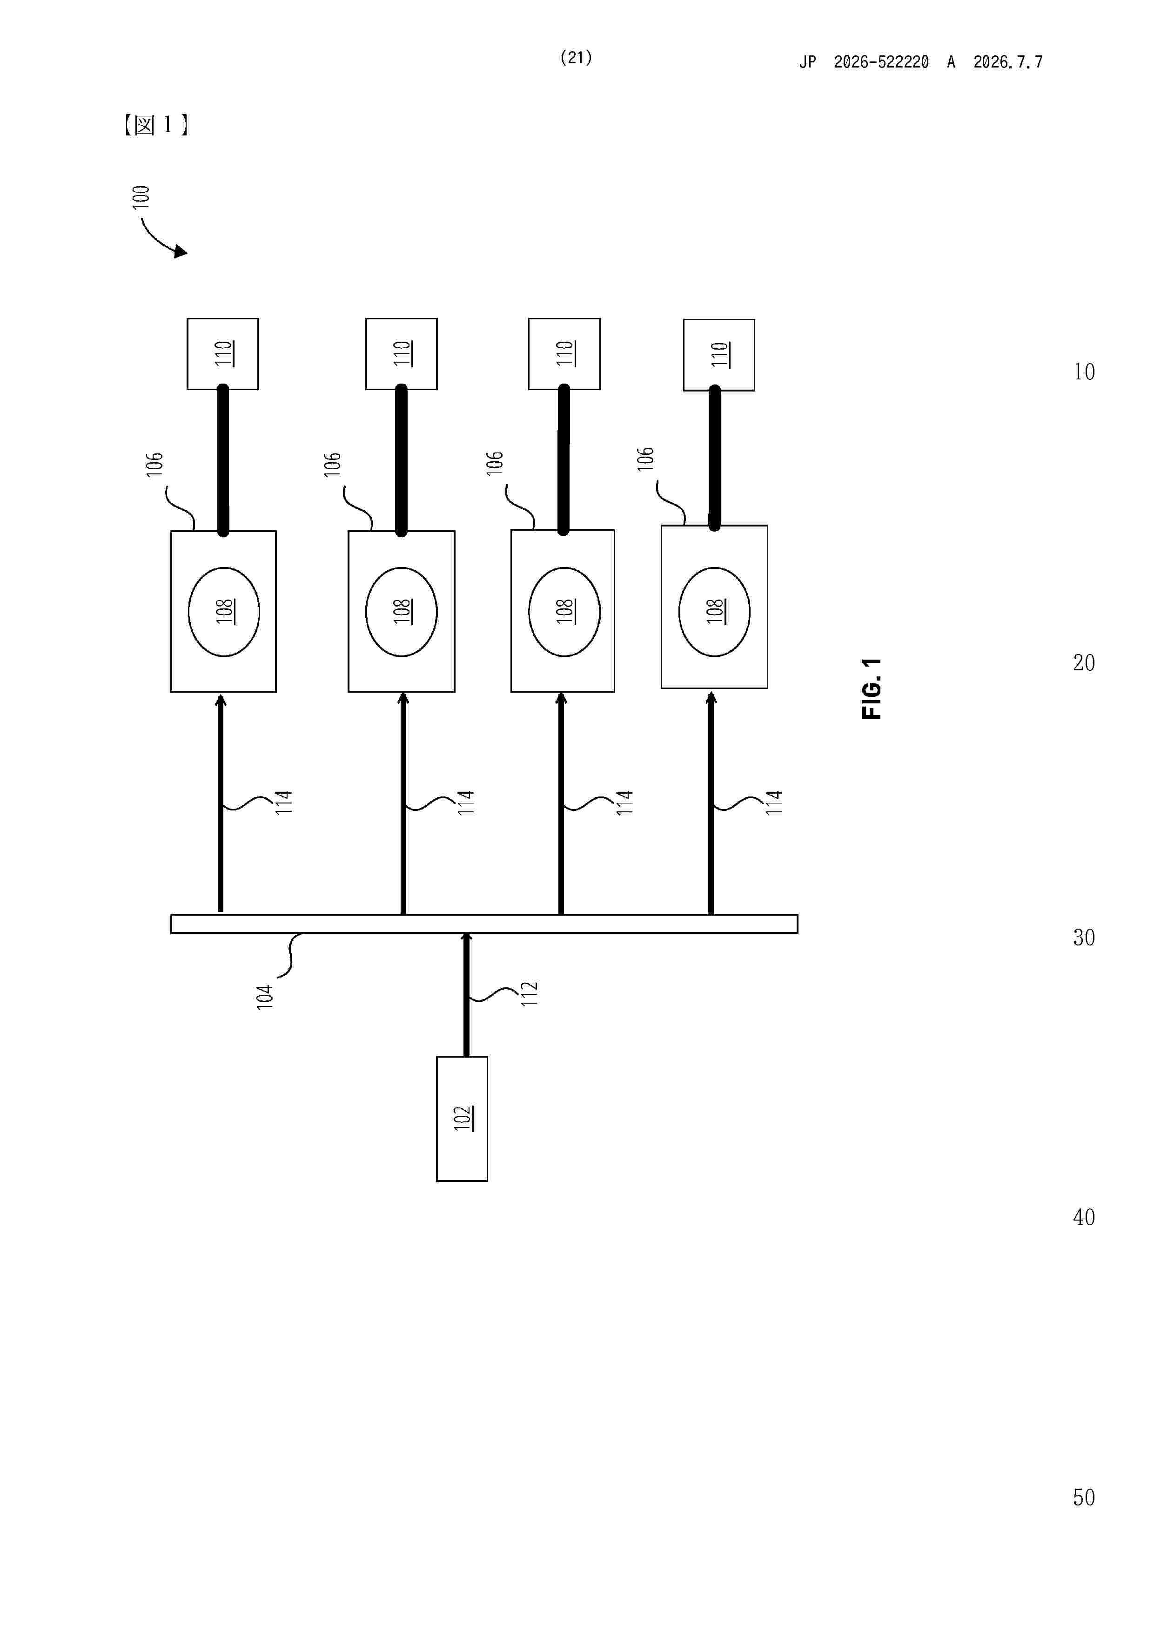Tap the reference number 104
[x=264, y=997]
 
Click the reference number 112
[x=530, y=993]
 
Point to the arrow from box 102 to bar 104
[x=466, y=994]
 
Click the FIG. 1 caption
[x=871, y=688]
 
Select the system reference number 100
[x=141, y=196]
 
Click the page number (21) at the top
[x=576, y=58]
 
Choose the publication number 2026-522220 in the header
[x=881, y=62]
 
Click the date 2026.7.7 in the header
[x=1007, y=62]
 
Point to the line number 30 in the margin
[x=1084, y=938]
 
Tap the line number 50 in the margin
[x=1084, y=1497]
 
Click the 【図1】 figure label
[x=155, y=125]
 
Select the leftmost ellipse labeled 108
[x=224, y=612]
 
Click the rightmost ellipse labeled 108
[x=715, y=612]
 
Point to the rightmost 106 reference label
[x=645, y=459]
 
